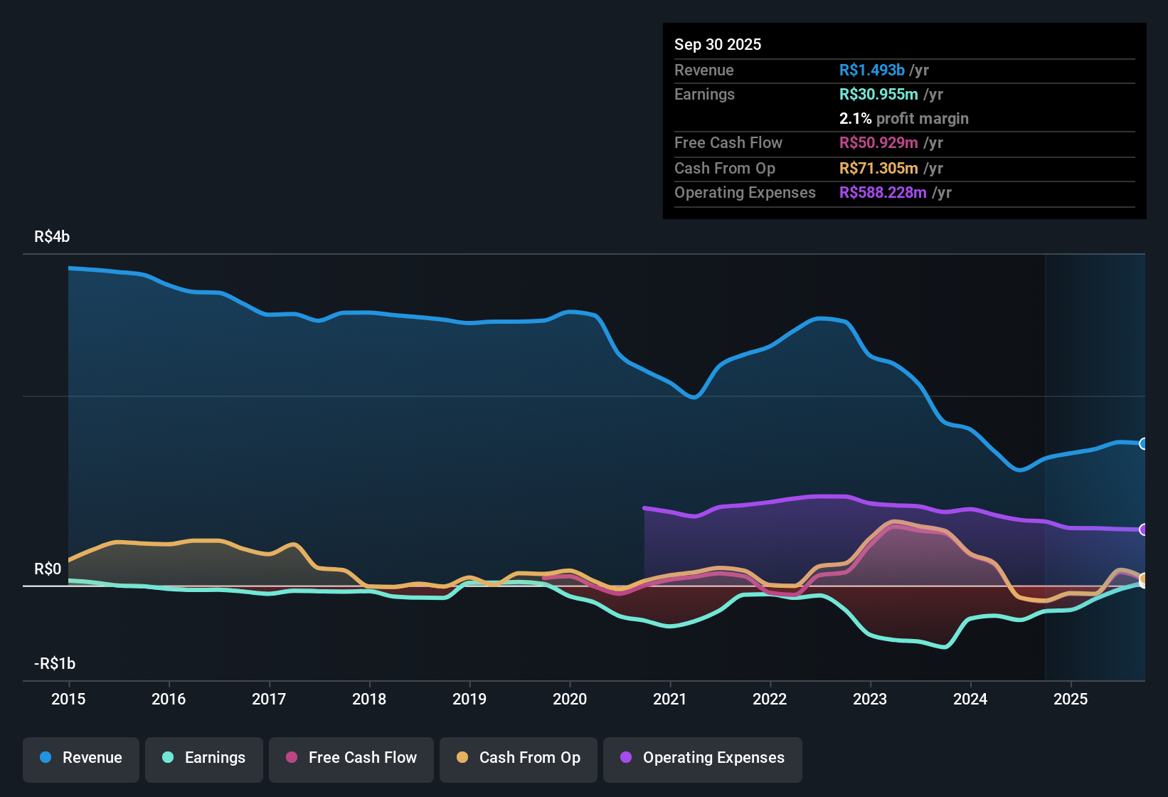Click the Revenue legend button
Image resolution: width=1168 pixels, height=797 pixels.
81,758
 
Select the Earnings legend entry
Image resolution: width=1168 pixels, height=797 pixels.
204,758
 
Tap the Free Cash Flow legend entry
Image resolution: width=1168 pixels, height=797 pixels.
351,758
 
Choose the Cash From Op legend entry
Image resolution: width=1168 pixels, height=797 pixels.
519,758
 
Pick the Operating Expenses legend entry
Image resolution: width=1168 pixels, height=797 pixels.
703,758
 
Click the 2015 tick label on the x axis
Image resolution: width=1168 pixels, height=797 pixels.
68,699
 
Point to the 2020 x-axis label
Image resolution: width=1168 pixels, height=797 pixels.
570,699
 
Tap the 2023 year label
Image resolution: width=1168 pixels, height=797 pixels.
870,699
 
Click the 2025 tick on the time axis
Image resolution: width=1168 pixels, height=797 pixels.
1071,699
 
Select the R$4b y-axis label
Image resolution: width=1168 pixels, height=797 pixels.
52,237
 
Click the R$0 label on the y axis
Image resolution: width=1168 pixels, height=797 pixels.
48,569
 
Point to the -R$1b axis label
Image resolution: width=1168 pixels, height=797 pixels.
55,664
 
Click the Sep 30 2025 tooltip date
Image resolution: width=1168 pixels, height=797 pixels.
718,45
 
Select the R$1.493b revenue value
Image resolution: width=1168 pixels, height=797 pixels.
871,70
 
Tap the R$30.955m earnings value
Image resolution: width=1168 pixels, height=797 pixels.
878,95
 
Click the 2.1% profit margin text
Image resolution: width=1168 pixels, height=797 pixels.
903,119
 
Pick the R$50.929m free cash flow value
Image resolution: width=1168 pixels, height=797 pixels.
878,143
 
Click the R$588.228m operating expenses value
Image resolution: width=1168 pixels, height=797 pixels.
883,193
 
